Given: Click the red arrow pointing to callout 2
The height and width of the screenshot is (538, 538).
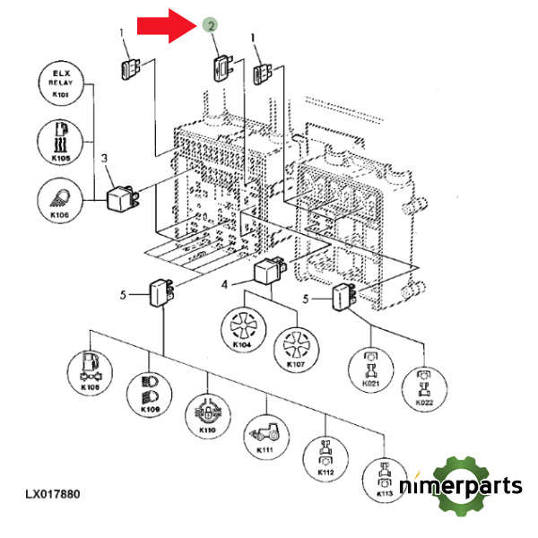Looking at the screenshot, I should tap(166, 24).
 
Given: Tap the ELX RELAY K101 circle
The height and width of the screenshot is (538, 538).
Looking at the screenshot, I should tap(60, 84).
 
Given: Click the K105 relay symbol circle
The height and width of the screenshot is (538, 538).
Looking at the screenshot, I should tap(60, 142).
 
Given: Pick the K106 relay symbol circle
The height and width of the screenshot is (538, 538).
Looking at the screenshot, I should tap(60, 199).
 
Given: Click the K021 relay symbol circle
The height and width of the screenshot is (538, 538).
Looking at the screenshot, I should tap(371, 368).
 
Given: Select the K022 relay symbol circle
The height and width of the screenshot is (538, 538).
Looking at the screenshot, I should tap(424, 388).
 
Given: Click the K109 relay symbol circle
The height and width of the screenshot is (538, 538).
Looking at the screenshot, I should tap(151, 392).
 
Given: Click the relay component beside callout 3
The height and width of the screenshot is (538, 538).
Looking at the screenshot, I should tap(124, 197).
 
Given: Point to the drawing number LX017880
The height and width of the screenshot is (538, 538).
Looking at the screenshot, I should tap(53, 494).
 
